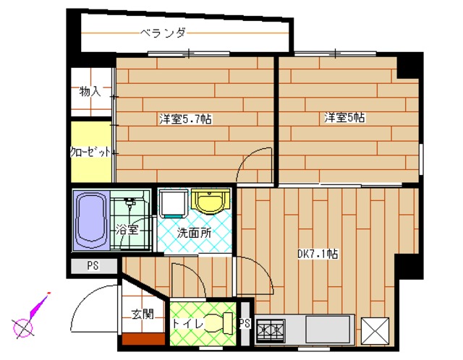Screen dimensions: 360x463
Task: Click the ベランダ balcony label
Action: (163, 33)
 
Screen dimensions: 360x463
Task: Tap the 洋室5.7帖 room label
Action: (180, 119)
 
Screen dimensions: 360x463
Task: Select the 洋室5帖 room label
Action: (344, 117)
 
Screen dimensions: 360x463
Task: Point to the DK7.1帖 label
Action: (318, 254)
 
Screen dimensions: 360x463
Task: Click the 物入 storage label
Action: (90, 92)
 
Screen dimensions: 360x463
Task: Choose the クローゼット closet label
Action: (91, 153)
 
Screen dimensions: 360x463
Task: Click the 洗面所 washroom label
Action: (195, 233)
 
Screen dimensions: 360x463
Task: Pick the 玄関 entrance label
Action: (143, 314)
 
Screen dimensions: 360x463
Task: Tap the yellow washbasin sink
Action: (211, 202)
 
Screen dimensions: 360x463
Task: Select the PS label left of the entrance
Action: (93, 266)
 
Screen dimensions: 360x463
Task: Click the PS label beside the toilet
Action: (244, 323)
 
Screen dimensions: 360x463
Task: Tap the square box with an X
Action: (375, 331)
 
